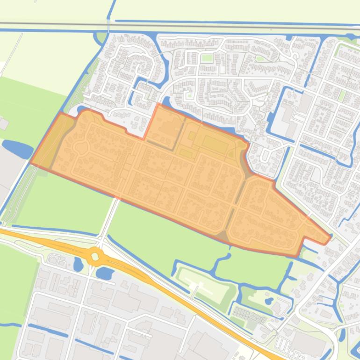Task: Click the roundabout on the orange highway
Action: coord(95,256)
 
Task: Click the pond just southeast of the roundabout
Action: coord(106,273)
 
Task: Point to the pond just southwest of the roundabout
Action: coord(78,265)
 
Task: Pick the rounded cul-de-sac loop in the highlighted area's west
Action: coord(81,147)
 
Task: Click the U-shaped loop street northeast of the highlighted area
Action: coord(264,154)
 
